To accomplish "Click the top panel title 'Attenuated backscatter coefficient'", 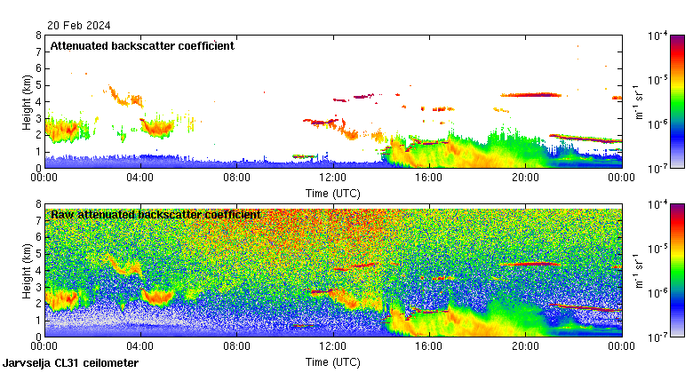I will (x=142, y=46).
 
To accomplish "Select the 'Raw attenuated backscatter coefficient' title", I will (x=155, y=215).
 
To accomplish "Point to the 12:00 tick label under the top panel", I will (x=333, y=177).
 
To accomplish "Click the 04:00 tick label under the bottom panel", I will (x=141, y=345).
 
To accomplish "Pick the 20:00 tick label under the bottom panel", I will (x=525, y=345).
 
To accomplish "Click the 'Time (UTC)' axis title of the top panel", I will (x=333, y=192).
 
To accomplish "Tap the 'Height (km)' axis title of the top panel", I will (x=27, y=101).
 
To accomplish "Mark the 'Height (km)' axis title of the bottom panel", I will (x=27, y=270).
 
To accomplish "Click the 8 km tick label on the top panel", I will (x=38, y=36).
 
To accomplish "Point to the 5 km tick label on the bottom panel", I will (x=38, y=254).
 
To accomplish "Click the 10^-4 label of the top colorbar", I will (x=658, y=36).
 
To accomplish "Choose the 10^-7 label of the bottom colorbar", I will (x=658, y=337).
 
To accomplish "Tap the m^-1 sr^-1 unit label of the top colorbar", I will (x=639, y=101).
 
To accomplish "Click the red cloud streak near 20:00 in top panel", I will (x=530, y=94).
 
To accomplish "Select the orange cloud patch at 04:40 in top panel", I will (x=160, y=128).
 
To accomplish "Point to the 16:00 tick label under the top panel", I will (x=429, y=177).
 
